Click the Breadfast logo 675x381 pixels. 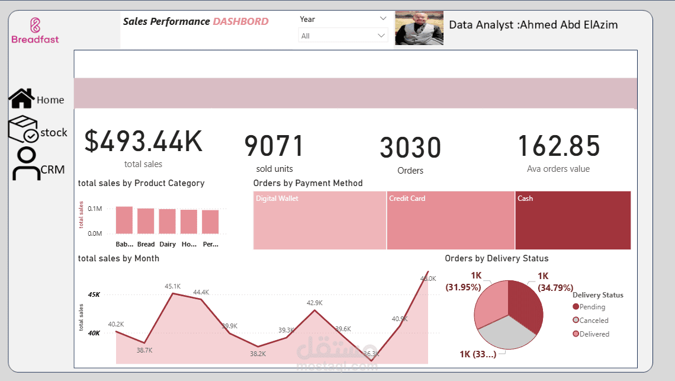coord(35,30)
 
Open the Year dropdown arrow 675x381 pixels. coord(382,19)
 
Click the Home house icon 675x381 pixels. coord(21,99)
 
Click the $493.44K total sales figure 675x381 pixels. coord(143,142)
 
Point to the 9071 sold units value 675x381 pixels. coord(274,146)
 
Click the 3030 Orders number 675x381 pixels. coord(410,148)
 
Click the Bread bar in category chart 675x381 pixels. coord(146,221)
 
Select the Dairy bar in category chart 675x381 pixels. coord(167,222)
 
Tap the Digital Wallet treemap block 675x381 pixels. coord(320,220)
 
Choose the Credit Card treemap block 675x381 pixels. coord(451,220)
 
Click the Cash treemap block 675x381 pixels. coord(573,220)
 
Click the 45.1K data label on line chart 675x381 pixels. coord(172,286)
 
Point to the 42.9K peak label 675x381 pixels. coord(314,303)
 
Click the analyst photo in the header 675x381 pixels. coord(419,28)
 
